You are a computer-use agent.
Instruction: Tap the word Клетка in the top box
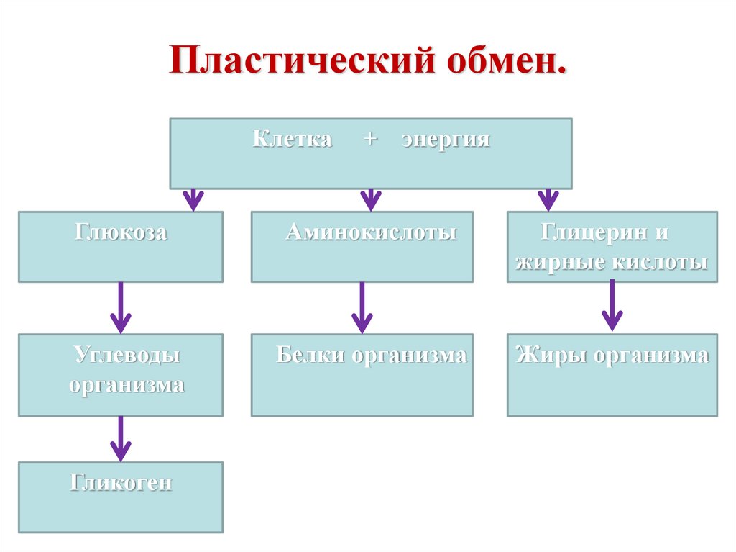pyautogui.click(x=292, y=139)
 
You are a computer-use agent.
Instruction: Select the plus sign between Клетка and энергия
pyautogui.click(x=369, y=139)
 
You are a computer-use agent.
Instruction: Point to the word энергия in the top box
pyautogui.click(x=446, y=139)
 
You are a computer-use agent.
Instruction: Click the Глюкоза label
pyautogui.click(x=120, y=233)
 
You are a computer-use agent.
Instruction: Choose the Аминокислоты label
pyautogui.click(x=371, y=233)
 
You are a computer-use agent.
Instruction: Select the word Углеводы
pyautogui.click(x=126, y=356)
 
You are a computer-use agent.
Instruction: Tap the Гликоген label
pyautogui.click(x=121, y=481)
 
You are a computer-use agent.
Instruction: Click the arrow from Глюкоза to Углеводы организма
pyautogui.click(x=120, y=307)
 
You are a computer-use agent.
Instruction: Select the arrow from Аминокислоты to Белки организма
pyautogui.click(x=362, y=307)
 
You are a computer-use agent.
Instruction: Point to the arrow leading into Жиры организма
pyautogui.click(x=612, y=305)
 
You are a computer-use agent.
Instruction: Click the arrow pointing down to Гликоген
pyautogui.click(x=120, y=438)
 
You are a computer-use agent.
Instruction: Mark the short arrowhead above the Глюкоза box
pyautogui.click(x=192, y=199)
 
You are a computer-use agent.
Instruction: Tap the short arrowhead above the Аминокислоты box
pyautogui.click(x=369, y=199)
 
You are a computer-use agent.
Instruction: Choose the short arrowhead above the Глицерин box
pyautogui.click(x=548, y=199)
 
